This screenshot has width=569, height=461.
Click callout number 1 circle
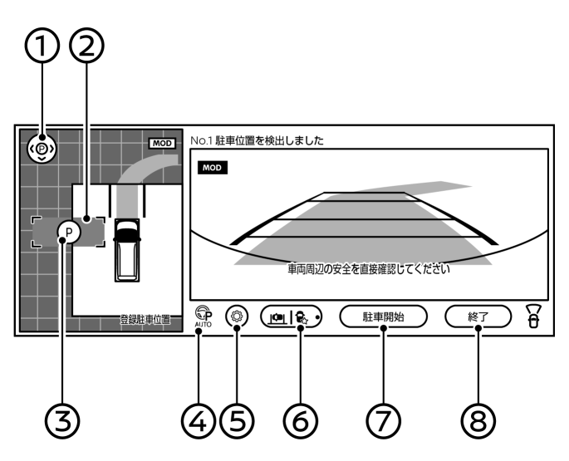click(x=42, y=46)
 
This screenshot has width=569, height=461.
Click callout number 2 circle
click(x=86, y=46)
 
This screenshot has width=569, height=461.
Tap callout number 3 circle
click(x=62, y=421)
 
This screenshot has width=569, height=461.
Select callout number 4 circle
click(x=199, y=421)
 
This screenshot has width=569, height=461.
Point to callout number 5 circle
click(x=237, y=421)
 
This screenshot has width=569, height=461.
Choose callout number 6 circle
click(x=301, y=421)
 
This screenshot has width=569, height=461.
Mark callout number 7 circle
click(x=384, y=421)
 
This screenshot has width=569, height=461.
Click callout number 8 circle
click(x=478, y=421)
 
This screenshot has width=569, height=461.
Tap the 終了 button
click(x=478, y=316)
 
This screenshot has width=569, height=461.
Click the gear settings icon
click(x=237, y=316)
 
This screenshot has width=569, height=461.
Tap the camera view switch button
click(x=291, y=316)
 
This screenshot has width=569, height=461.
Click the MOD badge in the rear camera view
click(x=213, y=168)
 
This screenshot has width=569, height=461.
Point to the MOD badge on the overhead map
click(x=162, y=144)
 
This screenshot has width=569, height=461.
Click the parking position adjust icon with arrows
click(x=42, y=149)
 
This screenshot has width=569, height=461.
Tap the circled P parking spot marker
click(x=69, y=232)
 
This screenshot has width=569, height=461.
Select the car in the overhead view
click(x=126, y=250)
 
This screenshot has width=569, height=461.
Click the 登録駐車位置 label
click(x=145, y=320)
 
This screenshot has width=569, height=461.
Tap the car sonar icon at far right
click(x=534, y=316)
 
